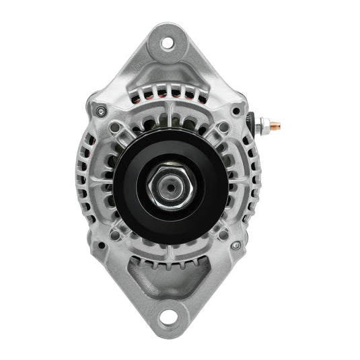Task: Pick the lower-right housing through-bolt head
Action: [236, 246]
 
